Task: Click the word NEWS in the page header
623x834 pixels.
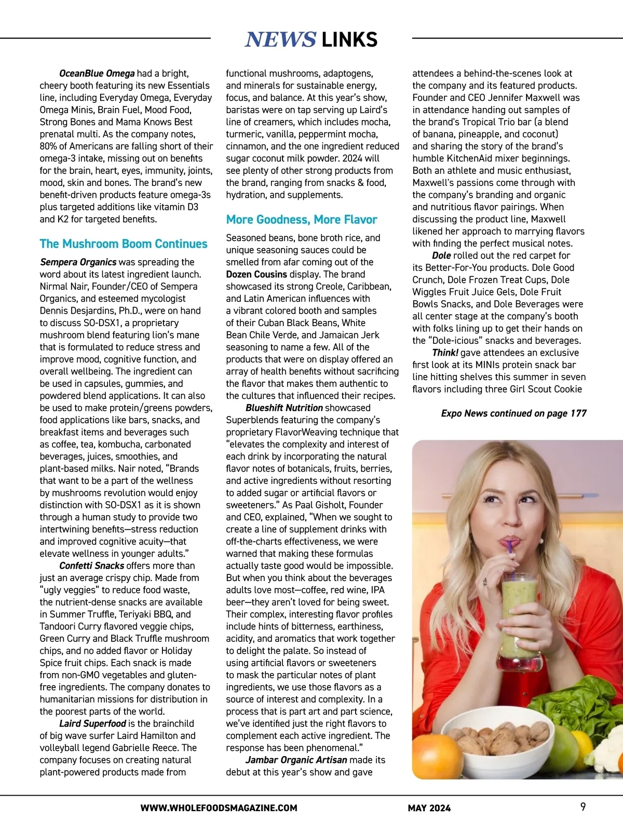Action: (280, 39)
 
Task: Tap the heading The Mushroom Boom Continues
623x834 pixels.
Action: (124, 244)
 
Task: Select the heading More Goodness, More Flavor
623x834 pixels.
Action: (301, 220)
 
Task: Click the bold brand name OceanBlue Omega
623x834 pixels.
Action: (97, 73)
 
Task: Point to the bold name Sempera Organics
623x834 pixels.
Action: (78, 262)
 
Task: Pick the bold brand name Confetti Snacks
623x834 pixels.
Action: (92, 566)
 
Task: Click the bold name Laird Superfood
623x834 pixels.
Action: (93, 723)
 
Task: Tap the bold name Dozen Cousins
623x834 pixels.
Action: (256, 274)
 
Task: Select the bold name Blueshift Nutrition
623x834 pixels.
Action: (284, 408)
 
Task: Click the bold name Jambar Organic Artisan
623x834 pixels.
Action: (296, 760)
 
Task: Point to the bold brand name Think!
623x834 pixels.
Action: (445, 353)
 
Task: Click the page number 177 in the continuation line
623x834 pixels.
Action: (578, 413)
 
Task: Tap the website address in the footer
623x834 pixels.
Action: (219, 808)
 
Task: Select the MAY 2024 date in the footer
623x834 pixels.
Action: (429, 808)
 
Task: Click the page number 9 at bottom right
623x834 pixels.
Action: (583, 807)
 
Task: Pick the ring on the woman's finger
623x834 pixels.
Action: (485, 581)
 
